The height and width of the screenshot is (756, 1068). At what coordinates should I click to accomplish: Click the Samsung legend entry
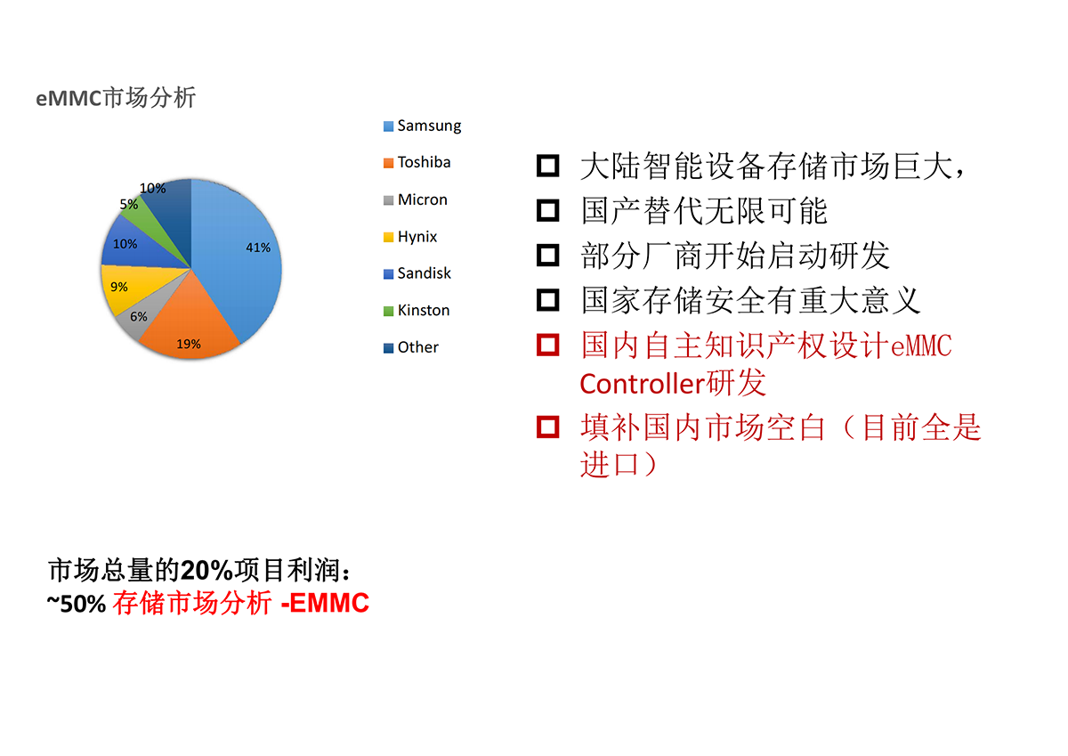(423, 126)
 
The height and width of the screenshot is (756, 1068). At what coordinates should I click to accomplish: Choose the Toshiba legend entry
(417, 163)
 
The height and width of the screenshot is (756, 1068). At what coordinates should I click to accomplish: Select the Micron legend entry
(416, 199)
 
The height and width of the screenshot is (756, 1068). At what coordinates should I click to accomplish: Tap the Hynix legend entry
(410, 237)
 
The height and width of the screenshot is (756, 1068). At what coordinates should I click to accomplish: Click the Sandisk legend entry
(417, 273)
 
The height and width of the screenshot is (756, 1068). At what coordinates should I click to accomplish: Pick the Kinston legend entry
(417, 311)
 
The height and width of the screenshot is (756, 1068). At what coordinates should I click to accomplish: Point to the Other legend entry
(411, 347)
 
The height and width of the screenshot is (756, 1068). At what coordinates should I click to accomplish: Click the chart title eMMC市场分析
(116, 98)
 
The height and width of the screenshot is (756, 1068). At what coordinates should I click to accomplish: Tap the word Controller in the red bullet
(643, 384)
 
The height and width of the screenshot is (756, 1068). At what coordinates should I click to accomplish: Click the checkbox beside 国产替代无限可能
(548, 210)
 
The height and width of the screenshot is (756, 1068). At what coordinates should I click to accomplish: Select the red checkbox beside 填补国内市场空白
(548, 427)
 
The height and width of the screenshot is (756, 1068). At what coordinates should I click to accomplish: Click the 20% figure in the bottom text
(206, 571)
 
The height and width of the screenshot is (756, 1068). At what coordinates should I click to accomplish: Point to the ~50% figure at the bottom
(77, 604)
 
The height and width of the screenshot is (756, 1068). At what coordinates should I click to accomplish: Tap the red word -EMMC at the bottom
(325, 603)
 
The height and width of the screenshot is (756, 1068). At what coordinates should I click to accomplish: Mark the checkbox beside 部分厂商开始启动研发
(548, 256)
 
